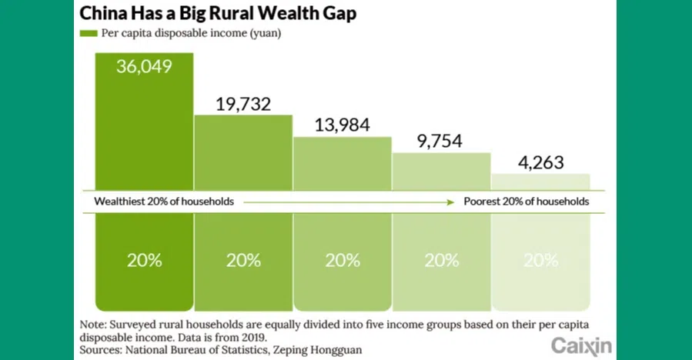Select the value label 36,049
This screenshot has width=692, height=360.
(x=144, y=66)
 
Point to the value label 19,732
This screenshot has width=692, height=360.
(x=243, y=104)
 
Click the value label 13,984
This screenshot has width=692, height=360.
(x=343, y=125)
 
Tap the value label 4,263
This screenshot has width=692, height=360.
(x=540, y=162)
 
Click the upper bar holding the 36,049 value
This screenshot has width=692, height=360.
(x=144, y=131)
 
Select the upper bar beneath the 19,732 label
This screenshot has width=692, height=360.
(x=243, y=154)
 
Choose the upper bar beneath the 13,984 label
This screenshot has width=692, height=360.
(x=343, y=163)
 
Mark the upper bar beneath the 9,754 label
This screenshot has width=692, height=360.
(x=442, y=171)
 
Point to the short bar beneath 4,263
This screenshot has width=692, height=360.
(x=540, y=182)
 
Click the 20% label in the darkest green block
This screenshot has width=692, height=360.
(x=144, y=260)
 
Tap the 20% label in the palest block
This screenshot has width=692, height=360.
(x=540, y=260)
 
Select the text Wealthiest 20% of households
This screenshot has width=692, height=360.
(x=164, y=202)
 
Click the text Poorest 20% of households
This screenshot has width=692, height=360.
(x=527, y=202)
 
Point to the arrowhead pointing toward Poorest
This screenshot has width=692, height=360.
(x=452, y=202)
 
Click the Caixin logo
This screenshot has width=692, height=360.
(x=581, y=345)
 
